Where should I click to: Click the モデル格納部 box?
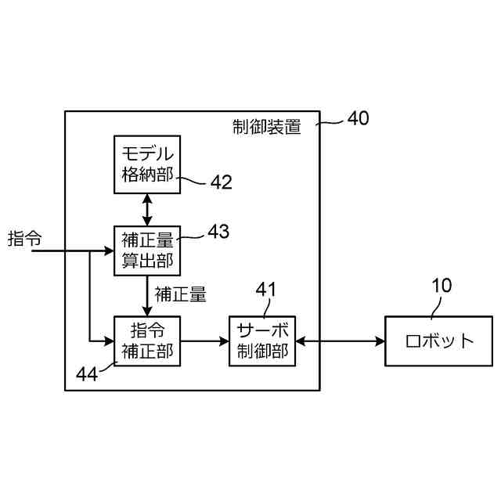(146, 164)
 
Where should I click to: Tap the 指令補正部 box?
(146, 341)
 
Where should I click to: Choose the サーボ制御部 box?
(262, 341)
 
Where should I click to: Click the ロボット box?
(439, 341)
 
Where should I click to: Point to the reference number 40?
(358, 119)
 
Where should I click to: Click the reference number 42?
(222, 182)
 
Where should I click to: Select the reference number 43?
(218, 232)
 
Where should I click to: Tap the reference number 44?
(87, 373)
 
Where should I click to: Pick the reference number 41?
(266, 290)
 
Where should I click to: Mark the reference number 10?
(442, 286)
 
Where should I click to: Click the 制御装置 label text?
(267, 127)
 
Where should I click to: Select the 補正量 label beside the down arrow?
(181, 294)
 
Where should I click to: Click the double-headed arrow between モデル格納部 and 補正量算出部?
(146, 208)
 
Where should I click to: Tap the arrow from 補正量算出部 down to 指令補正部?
(146, 294)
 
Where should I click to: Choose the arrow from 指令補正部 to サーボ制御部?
(204, 341)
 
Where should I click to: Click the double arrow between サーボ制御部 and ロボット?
(340, 341)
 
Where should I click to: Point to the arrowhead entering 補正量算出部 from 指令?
(109, 251)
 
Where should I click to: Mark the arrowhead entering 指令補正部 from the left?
(109, 341)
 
